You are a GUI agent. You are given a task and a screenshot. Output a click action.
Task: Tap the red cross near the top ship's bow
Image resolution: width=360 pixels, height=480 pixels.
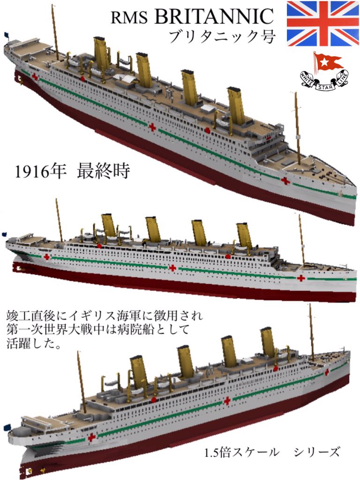pyautogui.click(x=285, y=180)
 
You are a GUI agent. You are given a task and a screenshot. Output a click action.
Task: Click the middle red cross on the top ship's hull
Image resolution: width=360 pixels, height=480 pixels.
pyautogui.click(x=152, y=127)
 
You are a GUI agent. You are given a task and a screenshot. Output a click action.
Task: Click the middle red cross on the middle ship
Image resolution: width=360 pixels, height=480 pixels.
pyautogui.click(x=172, y=268)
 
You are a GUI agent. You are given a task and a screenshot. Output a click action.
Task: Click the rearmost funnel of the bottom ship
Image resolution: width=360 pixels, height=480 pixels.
pyautogui.click(x=139, y=371)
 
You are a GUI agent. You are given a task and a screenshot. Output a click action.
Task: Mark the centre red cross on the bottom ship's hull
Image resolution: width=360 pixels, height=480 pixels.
pyautogui.click(x=227, y=401)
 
